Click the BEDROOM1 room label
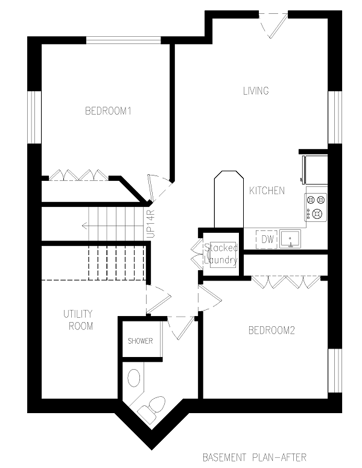coord(108,111)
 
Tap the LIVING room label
coord(256,90)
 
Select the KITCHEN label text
coord(267,191)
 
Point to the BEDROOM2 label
coord(271,330)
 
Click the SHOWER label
coord(141,341)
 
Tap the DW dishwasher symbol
coord(267,239)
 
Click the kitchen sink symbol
coord(290,239)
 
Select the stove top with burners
coord(316,207)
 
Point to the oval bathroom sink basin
coord(134,378)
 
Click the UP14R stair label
coord(151,224)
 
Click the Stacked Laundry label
coord(221,254)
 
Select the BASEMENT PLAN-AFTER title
coord(255,457)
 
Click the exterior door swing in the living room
coord(273,25)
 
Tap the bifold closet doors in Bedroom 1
coord(79,175)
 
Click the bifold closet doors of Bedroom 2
coord(286,282)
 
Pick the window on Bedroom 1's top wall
coord(124,40)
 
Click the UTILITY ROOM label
coord(78,320)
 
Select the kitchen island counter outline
coord(229,200)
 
